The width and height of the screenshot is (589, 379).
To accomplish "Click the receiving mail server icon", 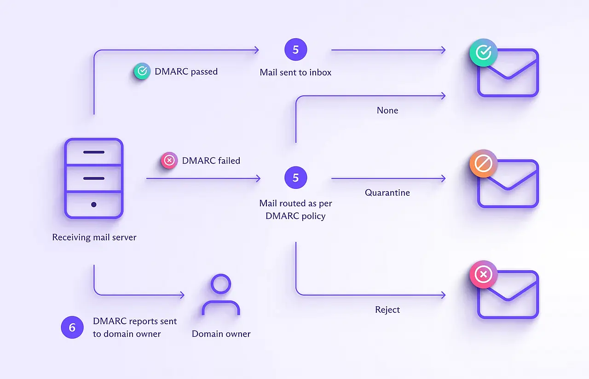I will (x=93, y=178).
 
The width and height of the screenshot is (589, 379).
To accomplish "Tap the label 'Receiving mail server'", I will (x=94, y=238).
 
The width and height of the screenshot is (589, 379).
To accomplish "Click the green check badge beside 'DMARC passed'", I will (x=142, y=71).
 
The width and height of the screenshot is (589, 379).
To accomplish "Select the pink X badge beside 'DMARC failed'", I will (x=169, y=161).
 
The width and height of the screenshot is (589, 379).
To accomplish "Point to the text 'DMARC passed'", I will (x=186, y=71).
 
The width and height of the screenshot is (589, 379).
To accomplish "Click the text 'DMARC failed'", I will (x=211, y=161).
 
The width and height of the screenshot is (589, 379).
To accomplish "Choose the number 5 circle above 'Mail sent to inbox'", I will (x=295, y=50).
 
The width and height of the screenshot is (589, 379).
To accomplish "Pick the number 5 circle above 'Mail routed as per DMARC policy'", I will (x=295, y=178).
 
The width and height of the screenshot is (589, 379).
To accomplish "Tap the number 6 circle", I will (x=72, y=327).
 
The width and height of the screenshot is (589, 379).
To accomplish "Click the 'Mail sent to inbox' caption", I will (x=295, y=72).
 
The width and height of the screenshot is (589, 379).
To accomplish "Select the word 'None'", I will (x=387, y=111).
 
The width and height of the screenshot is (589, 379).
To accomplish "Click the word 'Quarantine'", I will (x=387, y=192).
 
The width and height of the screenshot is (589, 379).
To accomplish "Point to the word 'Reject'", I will (x=387, y=309).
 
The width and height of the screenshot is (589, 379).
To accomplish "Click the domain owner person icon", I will (x=221, y=295).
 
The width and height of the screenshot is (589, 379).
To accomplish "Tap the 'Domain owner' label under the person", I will (x=221, y=334).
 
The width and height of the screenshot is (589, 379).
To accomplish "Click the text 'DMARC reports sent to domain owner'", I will (x=135, y=327).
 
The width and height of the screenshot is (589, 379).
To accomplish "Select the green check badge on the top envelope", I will (x=483, y=52).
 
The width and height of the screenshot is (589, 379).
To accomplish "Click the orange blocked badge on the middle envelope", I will (x=483, y=163).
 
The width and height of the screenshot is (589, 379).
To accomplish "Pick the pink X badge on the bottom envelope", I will (x=483, y=275).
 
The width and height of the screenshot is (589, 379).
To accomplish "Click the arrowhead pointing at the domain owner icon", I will (x=182, y=295).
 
